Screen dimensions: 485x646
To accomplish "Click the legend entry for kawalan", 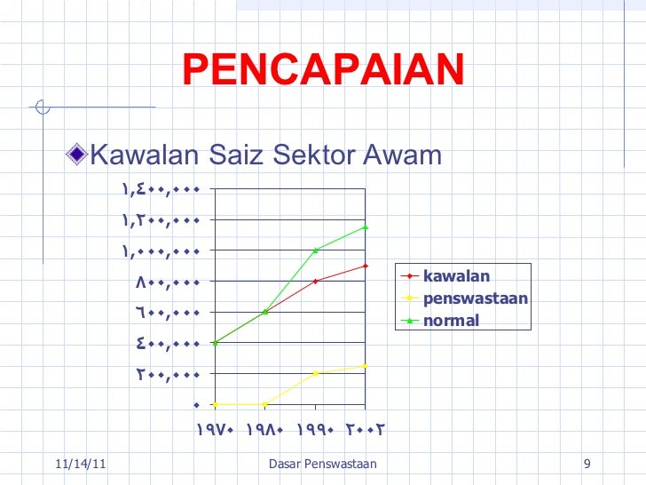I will [456, 274].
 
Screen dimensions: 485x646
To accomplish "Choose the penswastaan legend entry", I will [476, 298].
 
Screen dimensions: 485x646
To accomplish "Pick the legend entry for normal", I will [451, 321].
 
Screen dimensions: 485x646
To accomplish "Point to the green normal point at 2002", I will [366, 227].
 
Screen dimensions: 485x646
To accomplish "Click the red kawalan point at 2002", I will [366, 266].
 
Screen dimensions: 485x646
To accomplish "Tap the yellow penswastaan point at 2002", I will [366, 366].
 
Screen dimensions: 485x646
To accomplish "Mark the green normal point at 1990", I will [316, 250].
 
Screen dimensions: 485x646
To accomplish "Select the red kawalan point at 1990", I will [316, 281].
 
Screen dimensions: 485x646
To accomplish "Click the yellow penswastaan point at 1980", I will [265, 404].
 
